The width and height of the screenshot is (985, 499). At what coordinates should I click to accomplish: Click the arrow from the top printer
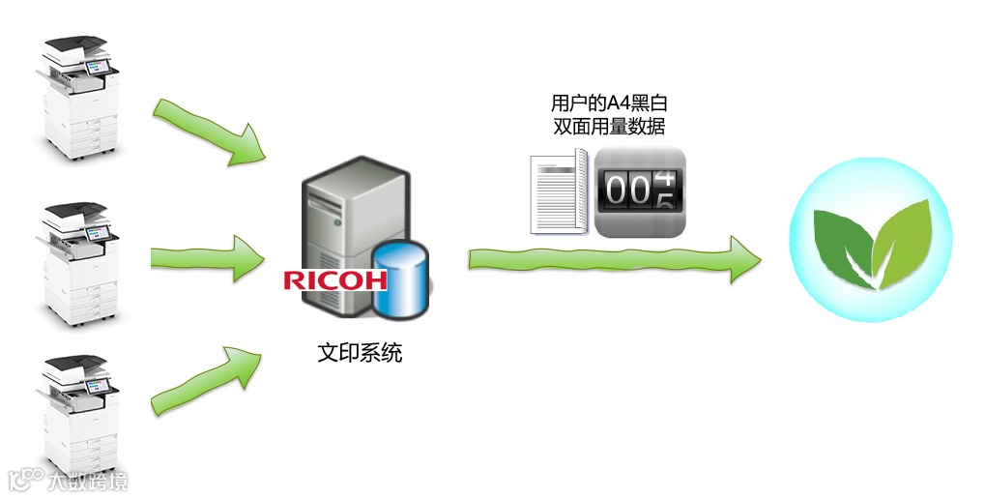tap(212, 132)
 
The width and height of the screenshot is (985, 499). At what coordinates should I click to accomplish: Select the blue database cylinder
tap(398, 281)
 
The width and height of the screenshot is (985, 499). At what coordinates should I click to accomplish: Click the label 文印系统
tap(360, 353)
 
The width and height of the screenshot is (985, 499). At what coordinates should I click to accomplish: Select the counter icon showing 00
tap(639, 192)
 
